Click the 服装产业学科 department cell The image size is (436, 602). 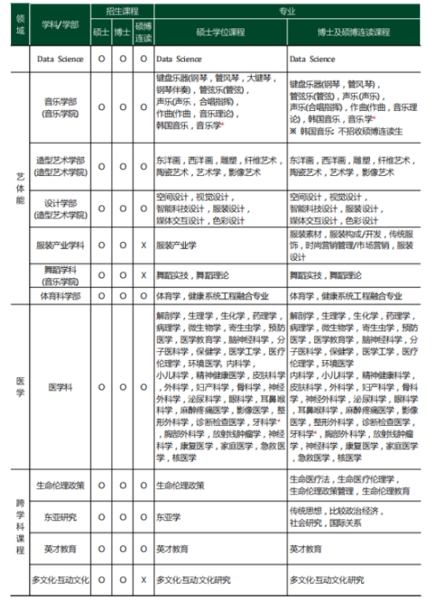(60, 245)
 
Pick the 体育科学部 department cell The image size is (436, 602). (60, 295)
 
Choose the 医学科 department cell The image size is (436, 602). (60, 387)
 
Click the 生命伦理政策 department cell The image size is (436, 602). (60, 485)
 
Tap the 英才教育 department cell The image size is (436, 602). (60, 549)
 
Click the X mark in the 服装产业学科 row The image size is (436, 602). (143, 245)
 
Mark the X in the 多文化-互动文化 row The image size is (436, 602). (143, 580)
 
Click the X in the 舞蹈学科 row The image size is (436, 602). (143, 275)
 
